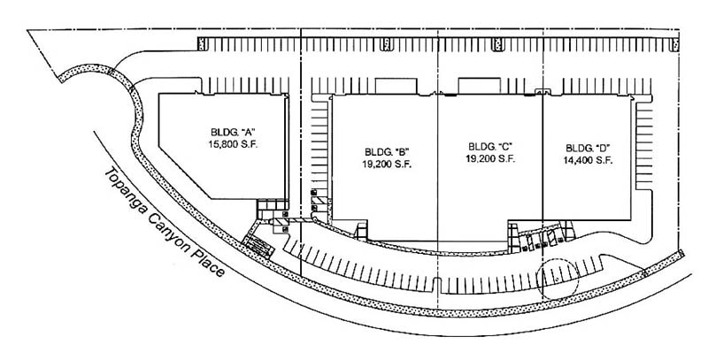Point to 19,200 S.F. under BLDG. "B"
(387, 165)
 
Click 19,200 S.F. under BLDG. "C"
(490, 159)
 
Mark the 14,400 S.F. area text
(588, 160)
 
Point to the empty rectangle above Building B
(396, 86)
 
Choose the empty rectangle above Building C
(479, 86)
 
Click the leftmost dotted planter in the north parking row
(202, 43)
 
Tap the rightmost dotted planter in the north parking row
(675, 44)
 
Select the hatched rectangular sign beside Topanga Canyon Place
(258, 247)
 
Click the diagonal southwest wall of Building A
(184, 172)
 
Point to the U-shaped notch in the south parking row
(436, 284)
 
